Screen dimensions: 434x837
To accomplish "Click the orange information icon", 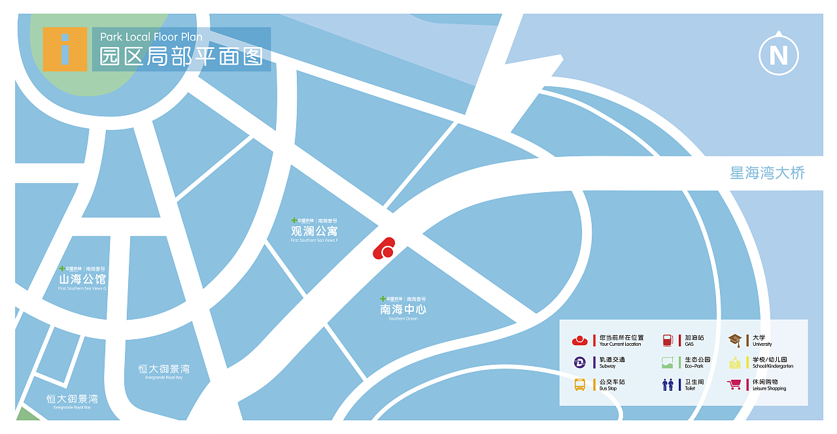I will click(65, 49).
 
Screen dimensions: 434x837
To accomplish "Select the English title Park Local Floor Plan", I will click(151, 37).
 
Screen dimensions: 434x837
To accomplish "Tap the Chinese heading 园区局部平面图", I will click(181, 57).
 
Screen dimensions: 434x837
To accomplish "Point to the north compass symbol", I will click(778, 55).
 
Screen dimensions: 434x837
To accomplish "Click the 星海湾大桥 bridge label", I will click(767, 173).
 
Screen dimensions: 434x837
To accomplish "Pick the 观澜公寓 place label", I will click(315, 231).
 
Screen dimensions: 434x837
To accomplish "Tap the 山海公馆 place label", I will click(82, 280).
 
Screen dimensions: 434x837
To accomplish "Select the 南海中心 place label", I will click(403, 309).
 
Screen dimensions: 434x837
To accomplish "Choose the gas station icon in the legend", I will click(668, 340).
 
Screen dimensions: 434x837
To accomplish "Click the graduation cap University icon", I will click(735, 340).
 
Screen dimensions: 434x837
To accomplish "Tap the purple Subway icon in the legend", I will click(580, 362).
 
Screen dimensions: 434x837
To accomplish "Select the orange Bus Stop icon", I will click(580, 384).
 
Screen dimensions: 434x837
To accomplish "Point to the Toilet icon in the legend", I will click(668, 384).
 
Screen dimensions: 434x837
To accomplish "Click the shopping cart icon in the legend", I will click(735, 384).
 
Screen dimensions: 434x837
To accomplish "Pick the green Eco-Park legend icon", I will click(668, 362).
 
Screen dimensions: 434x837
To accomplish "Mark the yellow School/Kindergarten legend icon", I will click(735, 362).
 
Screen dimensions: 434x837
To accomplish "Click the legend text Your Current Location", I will click(620, 344).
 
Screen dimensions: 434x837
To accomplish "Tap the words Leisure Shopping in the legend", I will click(770, 389).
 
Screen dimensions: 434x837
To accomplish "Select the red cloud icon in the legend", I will click(580, 340).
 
